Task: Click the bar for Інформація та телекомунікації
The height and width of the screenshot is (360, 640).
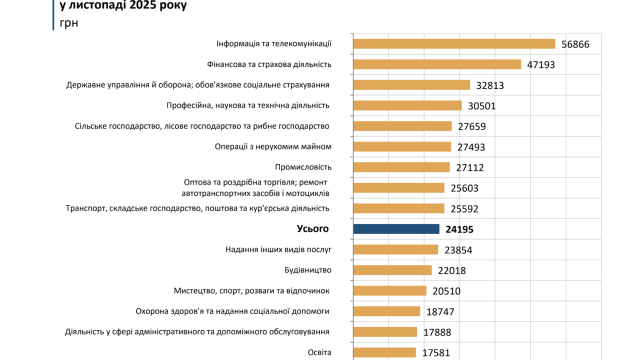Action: [454, 44]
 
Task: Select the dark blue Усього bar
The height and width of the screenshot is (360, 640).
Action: [396, 229]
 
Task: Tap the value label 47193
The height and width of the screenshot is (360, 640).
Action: [541, 65]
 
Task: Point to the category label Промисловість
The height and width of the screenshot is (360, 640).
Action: [303, 167]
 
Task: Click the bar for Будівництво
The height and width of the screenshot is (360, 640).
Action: [392, 270]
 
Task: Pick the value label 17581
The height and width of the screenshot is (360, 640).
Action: [436, 353]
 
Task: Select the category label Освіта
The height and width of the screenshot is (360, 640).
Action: [319, 352]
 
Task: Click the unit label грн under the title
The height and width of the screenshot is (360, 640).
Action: [69, 23]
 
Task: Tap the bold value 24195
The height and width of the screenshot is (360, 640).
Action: [459, 229]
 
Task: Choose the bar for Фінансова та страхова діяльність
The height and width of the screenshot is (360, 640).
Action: [437, 64]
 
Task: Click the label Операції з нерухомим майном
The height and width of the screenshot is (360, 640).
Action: [273, 146]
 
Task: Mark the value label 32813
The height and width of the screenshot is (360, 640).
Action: [490, 85]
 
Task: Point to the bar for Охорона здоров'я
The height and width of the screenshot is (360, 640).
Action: [386, 311]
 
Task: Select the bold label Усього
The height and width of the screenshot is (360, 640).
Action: [312, 228]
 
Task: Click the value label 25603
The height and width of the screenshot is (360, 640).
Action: [464, 188]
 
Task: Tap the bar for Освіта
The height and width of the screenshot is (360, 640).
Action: [384, 352]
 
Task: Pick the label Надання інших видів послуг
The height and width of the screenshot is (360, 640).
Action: [278, 249]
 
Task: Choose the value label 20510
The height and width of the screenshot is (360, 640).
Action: [446, 291]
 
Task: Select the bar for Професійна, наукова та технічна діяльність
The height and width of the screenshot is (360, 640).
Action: [407, 105]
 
